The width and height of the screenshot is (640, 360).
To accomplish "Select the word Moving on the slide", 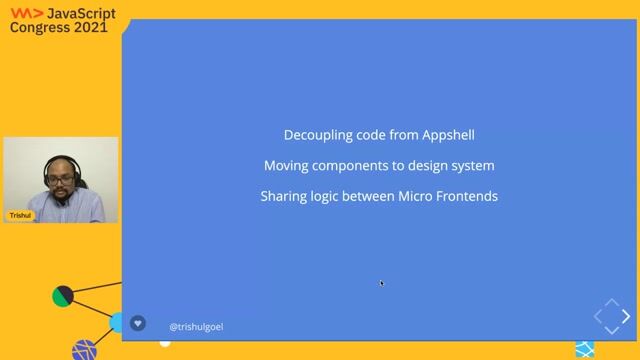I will [286, 165].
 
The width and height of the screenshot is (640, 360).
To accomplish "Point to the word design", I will [433, 165].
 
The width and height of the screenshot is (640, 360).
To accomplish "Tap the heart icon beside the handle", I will [138, 324].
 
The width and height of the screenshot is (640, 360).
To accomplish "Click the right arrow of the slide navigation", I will [626, 317].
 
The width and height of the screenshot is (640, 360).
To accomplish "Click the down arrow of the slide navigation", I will [611, 331].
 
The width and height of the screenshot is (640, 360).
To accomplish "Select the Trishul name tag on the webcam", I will [20, 215].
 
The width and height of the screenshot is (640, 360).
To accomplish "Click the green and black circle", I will [63, 296].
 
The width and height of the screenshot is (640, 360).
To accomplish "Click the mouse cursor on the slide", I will [381, 283].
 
